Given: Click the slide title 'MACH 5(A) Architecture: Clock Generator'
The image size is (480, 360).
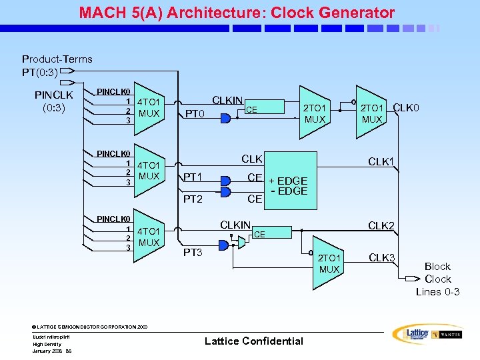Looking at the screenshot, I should [x=237, y=13].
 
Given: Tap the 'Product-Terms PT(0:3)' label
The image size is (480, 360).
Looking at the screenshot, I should [x=57, y=65].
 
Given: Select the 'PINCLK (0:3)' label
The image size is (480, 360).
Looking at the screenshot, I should [x=53, y=101].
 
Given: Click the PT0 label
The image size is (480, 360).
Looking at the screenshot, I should [x=195, y=114].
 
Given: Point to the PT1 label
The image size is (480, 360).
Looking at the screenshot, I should [x=193, y=177].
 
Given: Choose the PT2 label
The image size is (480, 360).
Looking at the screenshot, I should [x=193, y=199].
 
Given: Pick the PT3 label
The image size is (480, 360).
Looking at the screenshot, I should [x=193, y=252].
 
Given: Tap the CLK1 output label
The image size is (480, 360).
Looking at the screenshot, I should [x=382, y=161].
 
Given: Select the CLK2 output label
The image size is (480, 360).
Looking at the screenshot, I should [x=382, y=226].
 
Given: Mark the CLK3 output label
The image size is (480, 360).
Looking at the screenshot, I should [x=382, y=258].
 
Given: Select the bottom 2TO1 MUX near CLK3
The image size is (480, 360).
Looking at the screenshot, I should [x=328, y=263].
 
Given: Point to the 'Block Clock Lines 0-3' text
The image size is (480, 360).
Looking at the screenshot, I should [x=437, y=279].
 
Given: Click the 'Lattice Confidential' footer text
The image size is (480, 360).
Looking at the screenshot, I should [x=253, y=341].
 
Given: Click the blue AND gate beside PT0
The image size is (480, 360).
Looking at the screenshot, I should [x=225, y=118].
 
